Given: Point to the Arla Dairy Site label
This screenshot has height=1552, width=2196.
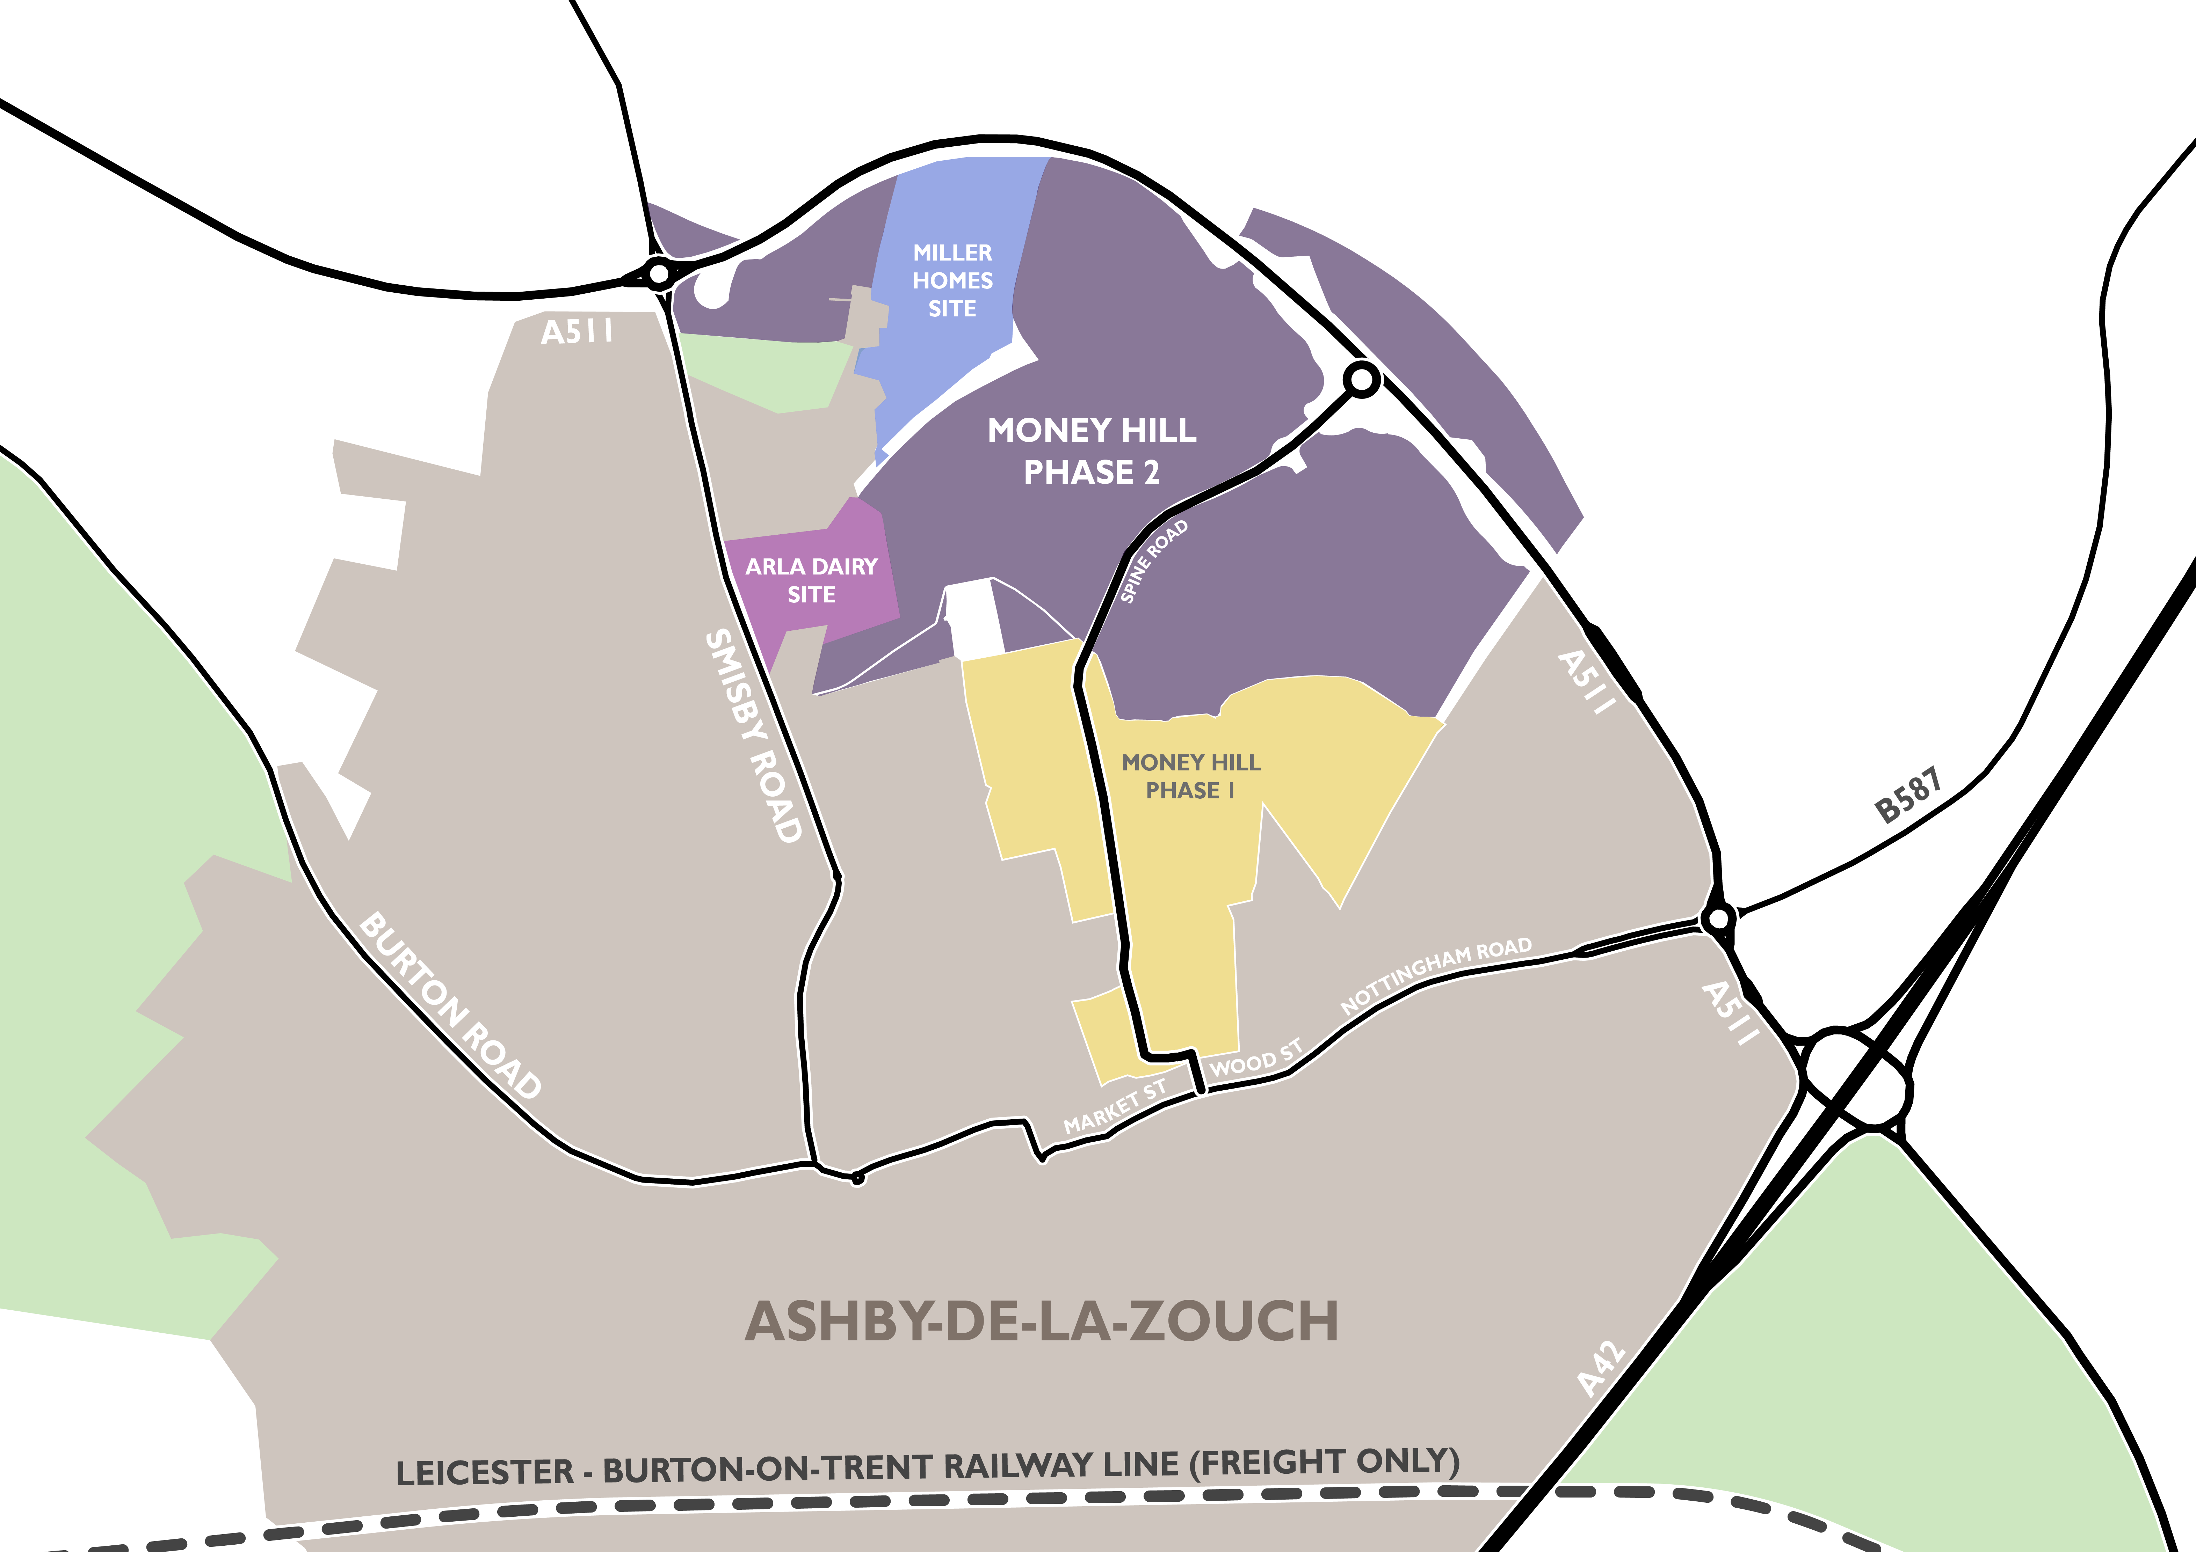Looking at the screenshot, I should click(811, 580).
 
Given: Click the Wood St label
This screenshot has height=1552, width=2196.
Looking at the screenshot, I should click(1256, 1059).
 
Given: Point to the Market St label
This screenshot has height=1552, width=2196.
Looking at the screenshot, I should click(1115, 1106).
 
